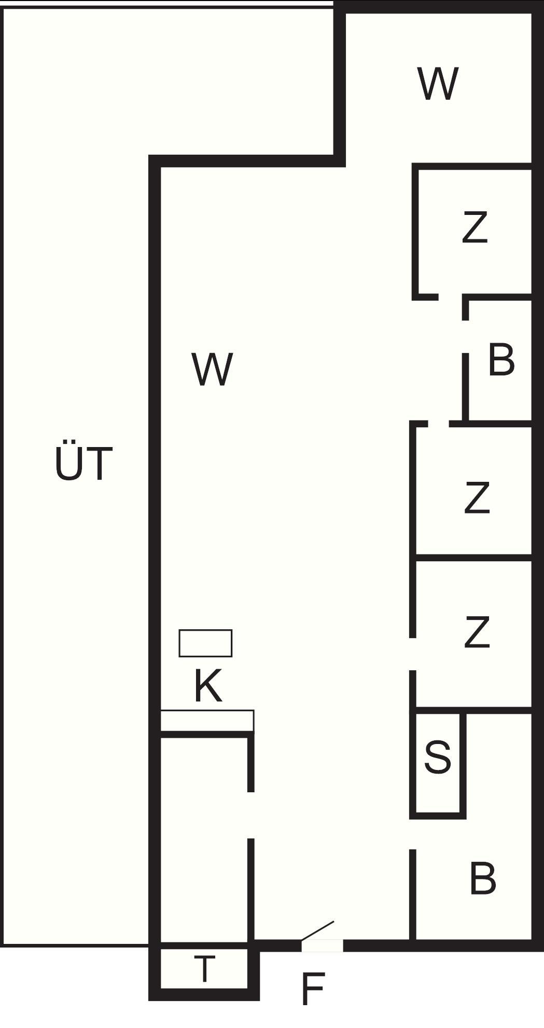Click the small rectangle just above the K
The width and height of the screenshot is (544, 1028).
[x=205, y=643]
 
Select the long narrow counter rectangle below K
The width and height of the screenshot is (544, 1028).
[x=207, y=721]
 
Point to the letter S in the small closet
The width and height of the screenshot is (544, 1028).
[x=438, y=757]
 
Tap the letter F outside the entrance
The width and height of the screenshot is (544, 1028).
[x=313, y=989]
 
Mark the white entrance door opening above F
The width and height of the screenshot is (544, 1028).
[x=322, y=945]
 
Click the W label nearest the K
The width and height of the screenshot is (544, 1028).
[x=212, y=369]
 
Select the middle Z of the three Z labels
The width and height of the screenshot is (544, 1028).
[x=477, y=497]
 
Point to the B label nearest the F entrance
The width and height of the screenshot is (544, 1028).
[x=483, y=878]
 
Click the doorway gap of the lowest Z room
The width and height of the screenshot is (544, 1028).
[x=413, y=654]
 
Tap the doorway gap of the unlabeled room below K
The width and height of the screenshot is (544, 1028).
[x=250, y=815]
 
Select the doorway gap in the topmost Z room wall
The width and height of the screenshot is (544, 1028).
[x=451, y=297]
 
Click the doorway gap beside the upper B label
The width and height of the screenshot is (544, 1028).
[x=466, y=337]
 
